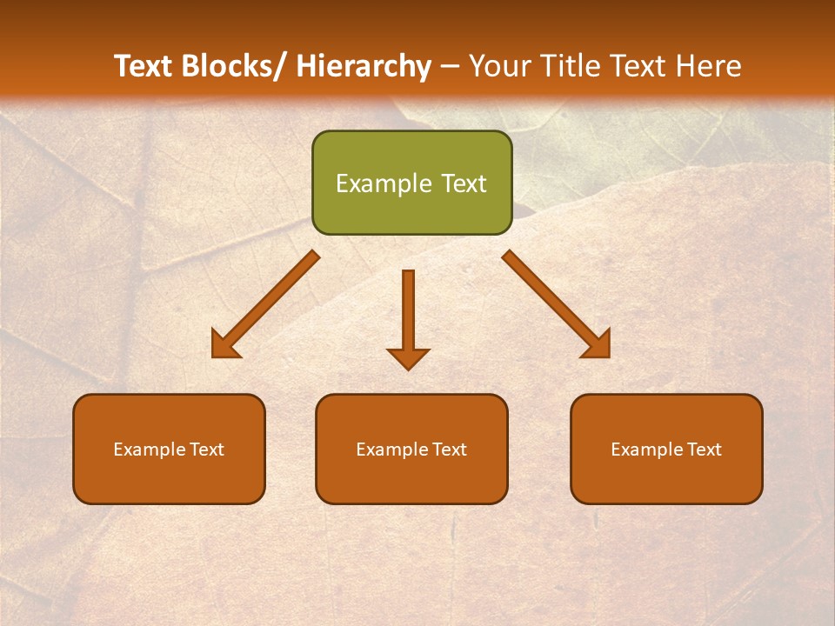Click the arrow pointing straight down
(408, 318)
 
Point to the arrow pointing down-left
(265, 305)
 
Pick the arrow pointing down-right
(556, 304)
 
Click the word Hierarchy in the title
(364, 66)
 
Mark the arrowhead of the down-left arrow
(224, 345)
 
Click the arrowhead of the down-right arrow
(598, 345)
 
